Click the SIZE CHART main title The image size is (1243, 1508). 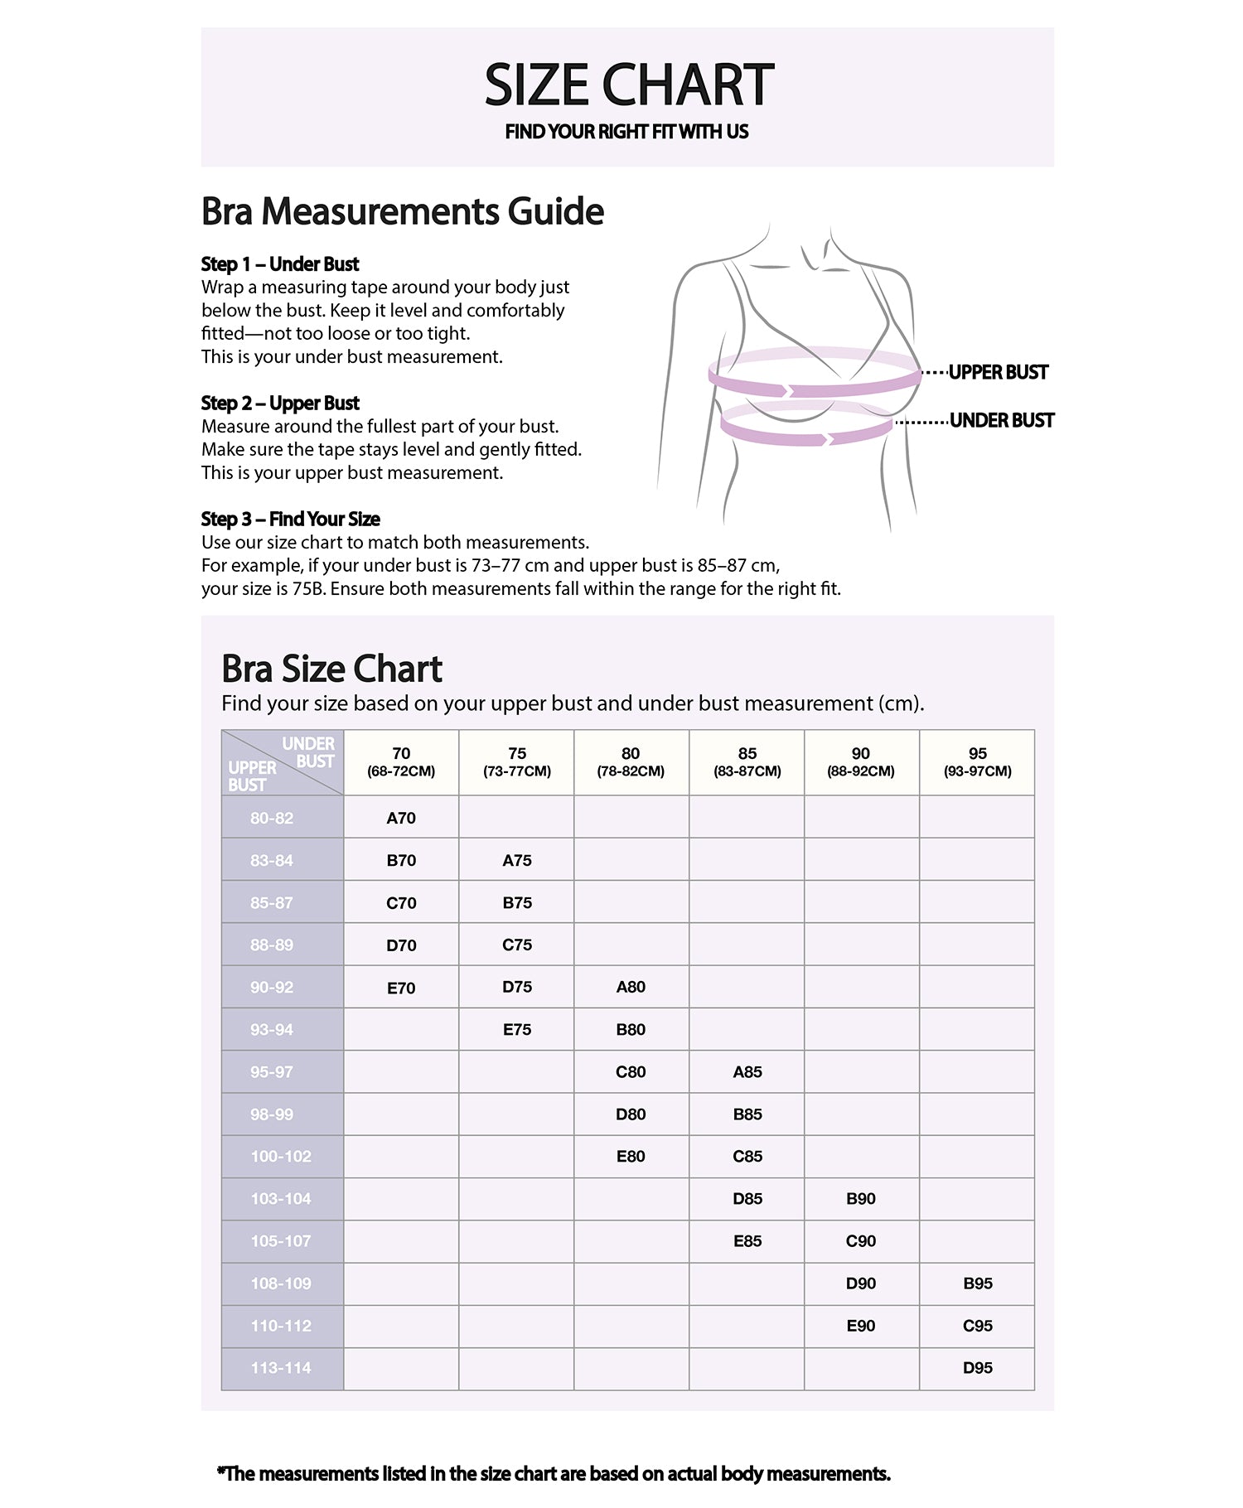tap(628, 85)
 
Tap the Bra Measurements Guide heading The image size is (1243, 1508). tap(403, 211)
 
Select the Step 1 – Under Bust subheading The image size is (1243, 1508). tap(280, 264)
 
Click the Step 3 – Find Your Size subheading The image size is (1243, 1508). tap(290, 520)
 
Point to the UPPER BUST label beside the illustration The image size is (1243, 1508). tap(998, 373)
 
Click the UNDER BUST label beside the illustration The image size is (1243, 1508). tap(1001, 421)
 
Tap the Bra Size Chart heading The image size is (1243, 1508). tap(331, 669)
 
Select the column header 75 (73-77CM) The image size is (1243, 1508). tap(517, 761)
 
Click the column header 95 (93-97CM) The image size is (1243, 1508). tap(978, 761)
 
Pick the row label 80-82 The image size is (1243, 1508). tap(272, 818)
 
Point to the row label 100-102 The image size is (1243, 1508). tap(281, 1157)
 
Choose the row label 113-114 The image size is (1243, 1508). tap(281, 1368)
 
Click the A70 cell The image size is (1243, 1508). tap(401, 818)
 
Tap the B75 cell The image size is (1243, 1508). tap(517, 903)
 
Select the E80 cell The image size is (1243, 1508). tap(631, 1157)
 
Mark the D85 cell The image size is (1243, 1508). tap(747, 1199)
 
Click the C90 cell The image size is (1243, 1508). tap(861, 1241)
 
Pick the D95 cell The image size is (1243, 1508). tap(978, 1368)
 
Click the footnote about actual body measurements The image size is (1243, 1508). tap(554, 1474)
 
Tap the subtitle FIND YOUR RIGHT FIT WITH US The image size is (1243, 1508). tap(626, 132)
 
